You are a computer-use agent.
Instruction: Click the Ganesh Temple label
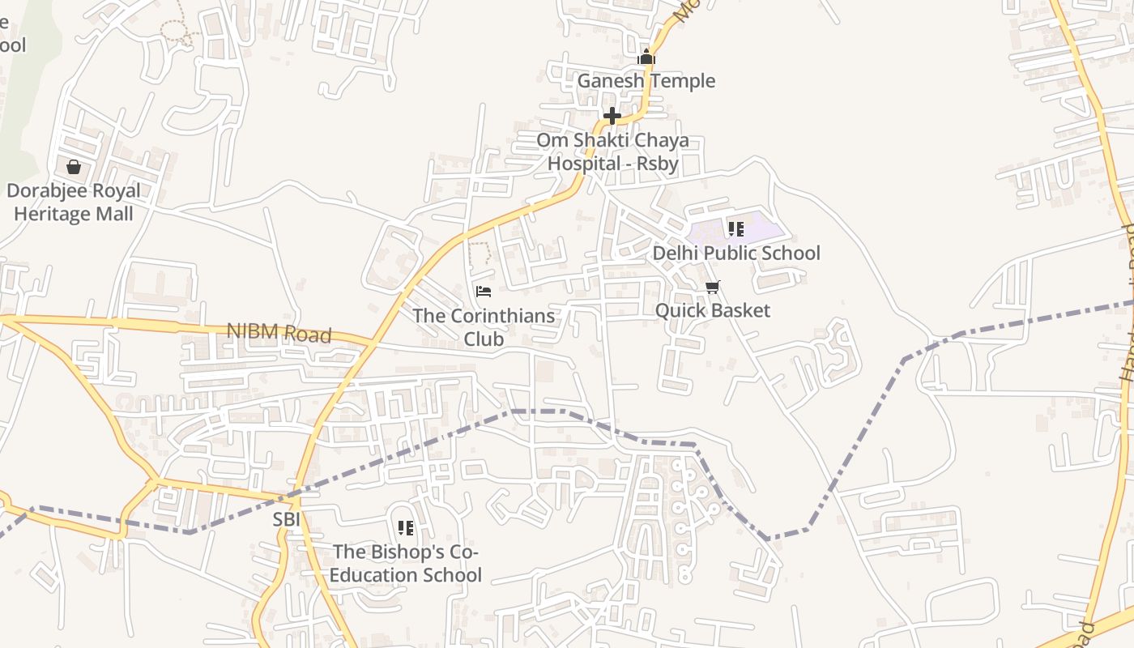click(646, 81)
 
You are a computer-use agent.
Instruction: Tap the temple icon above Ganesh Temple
click(646, 57)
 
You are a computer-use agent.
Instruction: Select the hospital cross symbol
click(612, 116)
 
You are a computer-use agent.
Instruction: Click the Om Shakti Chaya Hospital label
click(613, 151)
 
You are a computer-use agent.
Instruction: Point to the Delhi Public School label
click(736, 254)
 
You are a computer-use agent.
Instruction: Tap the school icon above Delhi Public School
click(735, 229)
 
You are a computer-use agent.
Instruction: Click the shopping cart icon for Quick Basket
click(713, 287)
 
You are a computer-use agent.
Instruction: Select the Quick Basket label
click(713, 311)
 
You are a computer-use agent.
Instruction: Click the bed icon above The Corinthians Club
click(484, 291)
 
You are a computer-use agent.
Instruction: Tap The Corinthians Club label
click(484, 326)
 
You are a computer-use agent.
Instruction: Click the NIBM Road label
click(279, 332)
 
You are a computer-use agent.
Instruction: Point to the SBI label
click(287, 519)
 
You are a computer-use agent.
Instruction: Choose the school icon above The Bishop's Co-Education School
click(406, 528)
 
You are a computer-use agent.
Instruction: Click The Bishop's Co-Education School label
click(407, 563)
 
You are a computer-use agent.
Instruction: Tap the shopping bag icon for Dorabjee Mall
click(74, 167)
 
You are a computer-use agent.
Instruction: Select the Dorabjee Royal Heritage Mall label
click(74, 202)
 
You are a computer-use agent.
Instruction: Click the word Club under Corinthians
click(484, 339)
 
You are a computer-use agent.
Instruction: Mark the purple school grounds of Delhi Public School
click(761, 227)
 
